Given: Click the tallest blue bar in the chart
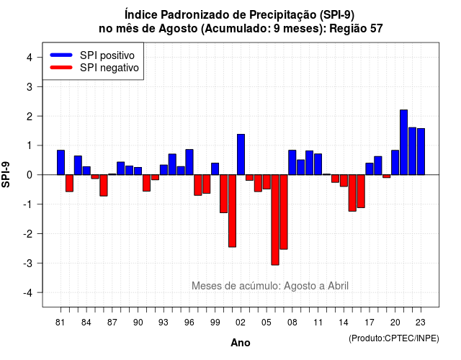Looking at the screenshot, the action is [x=403, y=143].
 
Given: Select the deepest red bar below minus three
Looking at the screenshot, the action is [x=275, y=220].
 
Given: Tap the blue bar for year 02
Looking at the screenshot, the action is [x=241, y=155].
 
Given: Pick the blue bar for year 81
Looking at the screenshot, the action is [x=61, y=163].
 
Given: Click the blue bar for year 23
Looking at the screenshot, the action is [x=421, y=152].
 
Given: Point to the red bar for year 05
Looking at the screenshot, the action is [x=267, y=182].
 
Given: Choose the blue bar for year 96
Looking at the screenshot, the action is [x=189, y=162].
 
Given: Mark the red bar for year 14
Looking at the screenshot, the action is [x=344, y=181].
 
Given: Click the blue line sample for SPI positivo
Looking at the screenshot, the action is [x=61, y=55].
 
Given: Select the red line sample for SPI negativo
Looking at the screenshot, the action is [x=61, y=68].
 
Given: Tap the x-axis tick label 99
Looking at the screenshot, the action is [x=215, y=323].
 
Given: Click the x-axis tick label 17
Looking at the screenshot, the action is [x=370, y=323].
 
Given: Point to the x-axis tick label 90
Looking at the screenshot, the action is [x=138, y=323].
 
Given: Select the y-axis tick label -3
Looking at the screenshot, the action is [x=27, y=264].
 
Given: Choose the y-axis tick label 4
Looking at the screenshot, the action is [x=30, y=58].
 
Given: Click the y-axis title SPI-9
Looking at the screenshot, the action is [x=6, y=174].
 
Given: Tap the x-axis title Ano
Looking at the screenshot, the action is [x=241, y=343].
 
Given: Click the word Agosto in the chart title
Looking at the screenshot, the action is [x=178, y=29].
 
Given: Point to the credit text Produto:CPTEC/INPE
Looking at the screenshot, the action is [x=394, y=338].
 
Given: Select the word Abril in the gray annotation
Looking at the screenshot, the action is [x=338, y=286].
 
